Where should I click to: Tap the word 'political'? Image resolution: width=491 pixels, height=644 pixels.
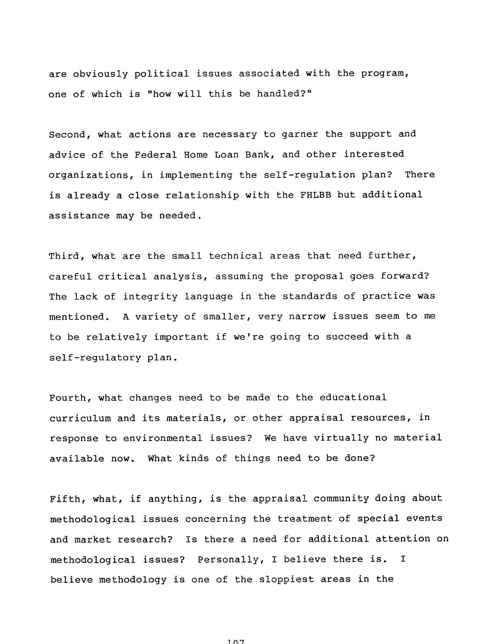(161, 74)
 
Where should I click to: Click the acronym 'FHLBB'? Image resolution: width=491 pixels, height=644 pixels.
(316, 195)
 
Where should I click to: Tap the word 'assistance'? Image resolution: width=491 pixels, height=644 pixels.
(79, 216)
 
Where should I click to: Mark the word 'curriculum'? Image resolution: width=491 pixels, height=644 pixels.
(80, 418)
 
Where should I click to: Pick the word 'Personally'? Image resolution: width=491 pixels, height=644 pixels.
(228, 560)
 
